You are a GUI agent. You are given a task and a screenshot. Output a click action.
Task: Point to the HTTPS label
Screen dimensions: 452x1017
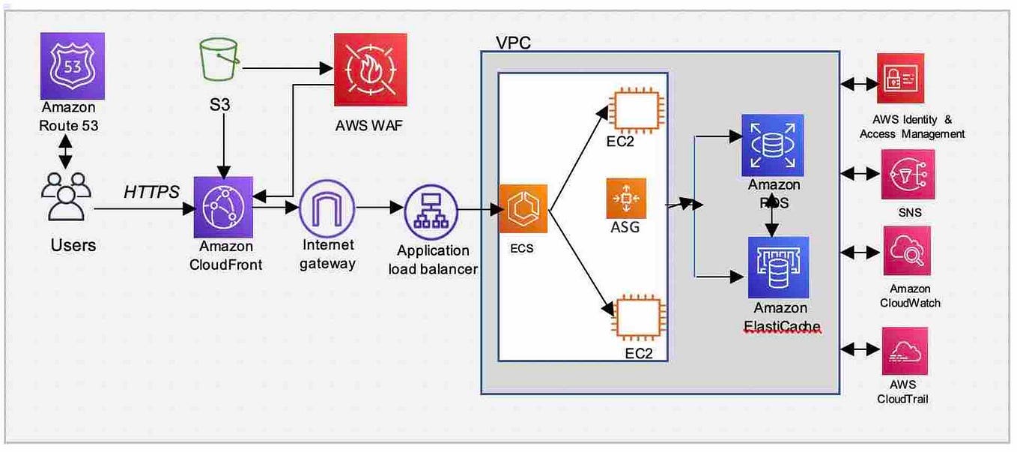coord(152,193)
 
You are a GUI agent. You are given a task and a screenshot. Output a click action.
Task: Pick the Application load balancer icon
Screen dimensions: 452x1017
coord(431,209)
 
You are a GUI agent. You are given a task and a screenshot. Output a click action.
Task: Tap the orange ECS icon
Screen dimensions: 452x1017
coord(523,209)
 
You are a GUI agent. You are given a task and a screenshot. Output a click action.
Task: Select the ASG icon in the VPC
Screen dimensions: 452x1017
coord(626,198)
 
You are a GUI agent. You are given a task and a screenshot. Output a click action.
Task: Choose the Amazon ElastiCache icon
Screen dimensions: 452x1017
coord(778,268)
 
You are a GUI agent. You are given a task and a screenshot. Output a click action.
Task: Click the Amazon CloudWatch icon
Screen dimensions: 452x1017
coord(907,251)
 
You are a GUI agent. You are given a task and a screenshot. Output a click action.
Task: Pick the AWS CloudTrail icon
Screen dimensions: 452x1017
coord(905,350)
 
